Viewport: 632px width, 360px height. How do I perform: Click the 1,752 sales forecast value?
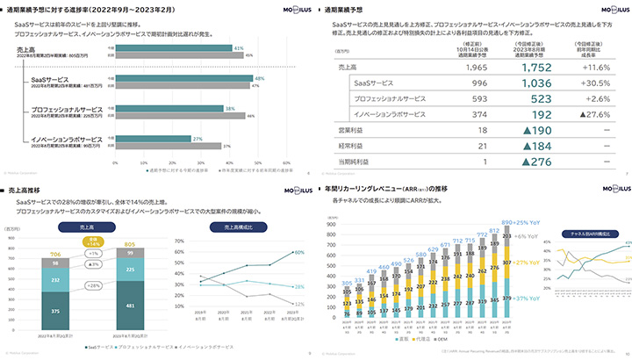tap(535, 67)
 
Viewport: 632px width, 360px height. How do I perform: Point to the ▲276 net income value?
tap(535, 162)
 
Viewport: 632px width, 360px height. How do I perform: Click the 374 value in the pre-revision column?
tap(478, 114)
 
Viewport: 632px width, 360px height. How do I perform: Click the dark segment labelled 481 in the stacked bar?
tap(130, 305)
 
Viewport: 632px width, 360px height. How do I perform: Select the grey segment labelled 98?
tap(55, 263)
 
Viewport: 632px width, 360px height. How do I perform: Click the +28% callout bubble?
tap(93, 284)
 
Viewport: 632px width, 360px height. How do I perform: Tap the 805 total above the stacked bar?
tap(130, 245)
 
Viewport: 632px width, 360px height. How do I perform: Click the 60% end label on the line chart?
tap(299, 252)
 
